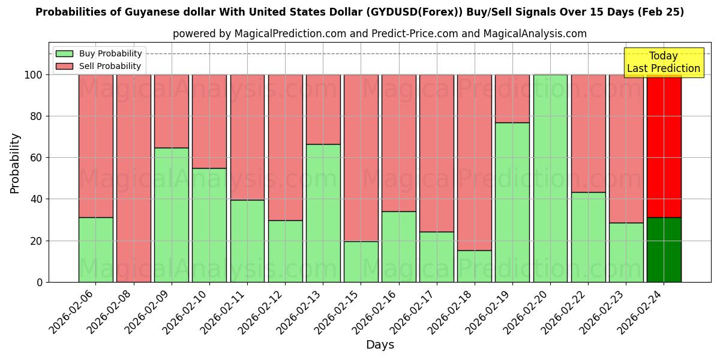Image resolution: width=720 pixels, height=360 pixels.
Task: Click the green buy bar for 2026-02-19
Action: click(512, 202)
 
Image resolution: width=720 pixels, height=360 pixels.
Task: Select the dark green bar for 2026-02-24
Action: click(664, 250)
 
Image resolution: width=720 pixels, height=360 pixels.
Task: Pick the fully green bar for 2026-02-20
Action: click(550, 178)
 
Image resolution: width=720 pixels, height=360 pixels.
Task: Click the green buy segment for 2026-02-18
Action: click(475, 266)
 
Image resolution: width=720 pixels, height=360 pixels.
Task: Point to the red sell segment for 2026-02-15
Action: click(361, 158)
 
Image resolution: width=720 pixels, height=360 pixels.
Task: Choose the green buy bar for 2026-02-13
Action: click(323, 213)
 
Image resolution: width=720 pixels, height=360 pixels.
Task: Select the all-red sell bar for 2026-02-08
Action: click(133, 178)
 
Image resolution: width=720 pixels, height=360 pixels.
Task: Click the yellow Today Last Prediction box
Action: click(664, 62)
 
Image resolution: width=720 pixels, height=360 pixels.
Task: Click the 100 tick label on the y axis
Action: click(33, 75)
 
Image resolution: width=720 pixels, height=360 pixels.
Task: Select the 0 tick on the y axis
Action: click(40, 282)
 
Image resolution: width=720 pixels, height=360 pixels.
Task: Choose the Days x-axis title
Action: click(380, 345)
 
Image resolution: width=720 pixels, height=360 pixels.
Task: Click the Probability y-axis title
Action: click(15, 163)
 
